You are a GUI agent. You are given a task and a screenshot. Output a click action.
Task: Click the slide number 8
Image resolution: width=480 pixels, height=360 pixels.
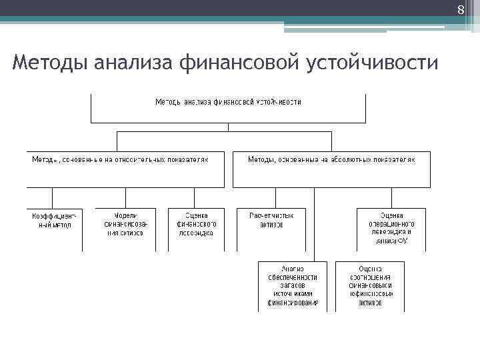[x=459, y=10]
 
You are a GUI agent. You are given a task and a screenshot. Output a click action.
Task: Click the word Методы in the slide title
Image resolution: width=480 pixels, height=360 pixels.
[x=50, y=63]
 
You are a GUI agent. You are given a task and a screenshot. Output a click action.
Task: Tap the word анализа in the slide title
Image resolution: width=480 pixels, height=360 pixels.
[x=136, y=63]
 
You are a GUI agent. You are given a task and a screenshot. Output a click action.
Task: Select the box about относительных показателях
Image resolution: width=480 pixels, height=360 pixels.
[x=126, y=169]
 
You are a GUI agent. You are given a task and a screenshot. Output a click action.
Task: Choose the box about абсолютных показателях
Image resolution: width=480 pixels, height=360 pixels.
[x=331, y=169]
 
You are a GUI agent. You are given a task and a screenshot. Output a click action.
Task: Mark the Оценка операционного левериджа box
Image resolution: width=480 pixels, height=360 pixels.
[x=391, y=228]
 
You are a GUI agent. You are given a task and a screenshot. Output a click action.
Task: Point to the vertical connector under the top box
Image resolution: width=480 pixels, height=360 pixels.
[x=228, y=127]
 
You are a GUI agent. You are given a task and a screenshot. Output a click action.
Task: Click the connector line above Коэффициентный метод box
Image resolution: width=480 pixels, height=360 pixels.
[x=52, y=197]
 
